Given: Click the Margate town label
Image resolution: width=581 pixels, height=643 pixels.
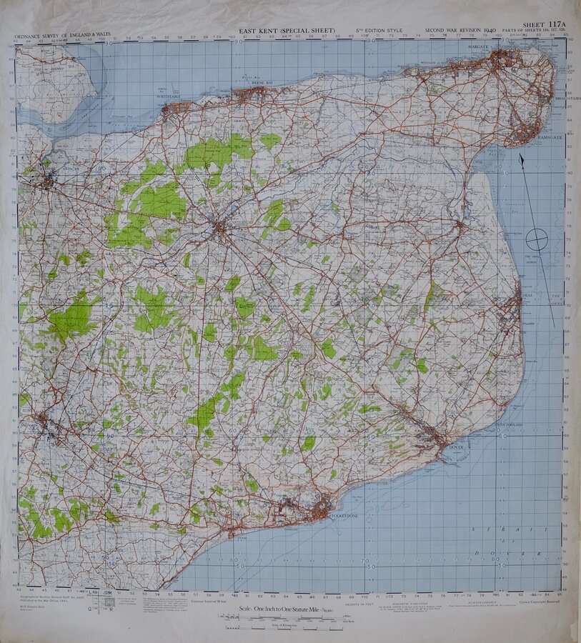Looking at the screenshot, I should coord(478,47).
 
